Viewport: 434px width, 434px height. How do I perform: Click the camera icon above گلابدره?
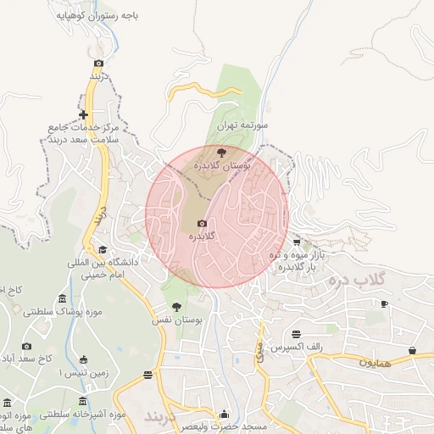[202, 223]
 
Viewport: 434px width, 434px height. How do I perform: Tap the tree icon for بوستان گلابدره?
[221, 153]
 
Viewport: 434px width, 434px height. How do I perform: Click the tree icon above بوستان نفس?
[176, 307]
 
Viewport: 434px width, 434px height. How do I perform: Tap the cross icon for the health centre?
[83, 114]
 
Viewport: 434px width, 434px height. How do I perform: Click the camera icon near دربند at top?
[98, 64]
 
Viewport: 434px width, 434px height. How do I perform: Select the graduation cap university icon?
[103, 249]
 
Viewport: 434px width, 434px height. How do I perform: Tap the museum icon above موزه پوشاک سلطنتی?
[63, 298]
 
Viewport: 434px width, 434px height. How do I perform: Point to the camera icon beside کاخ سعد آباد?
[26, 346]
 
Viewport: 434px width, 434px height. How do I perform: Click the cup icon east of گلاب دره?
[384, 303]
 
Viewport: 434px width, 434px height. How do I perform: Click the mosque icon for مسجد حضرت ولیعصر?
[224, 414]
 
